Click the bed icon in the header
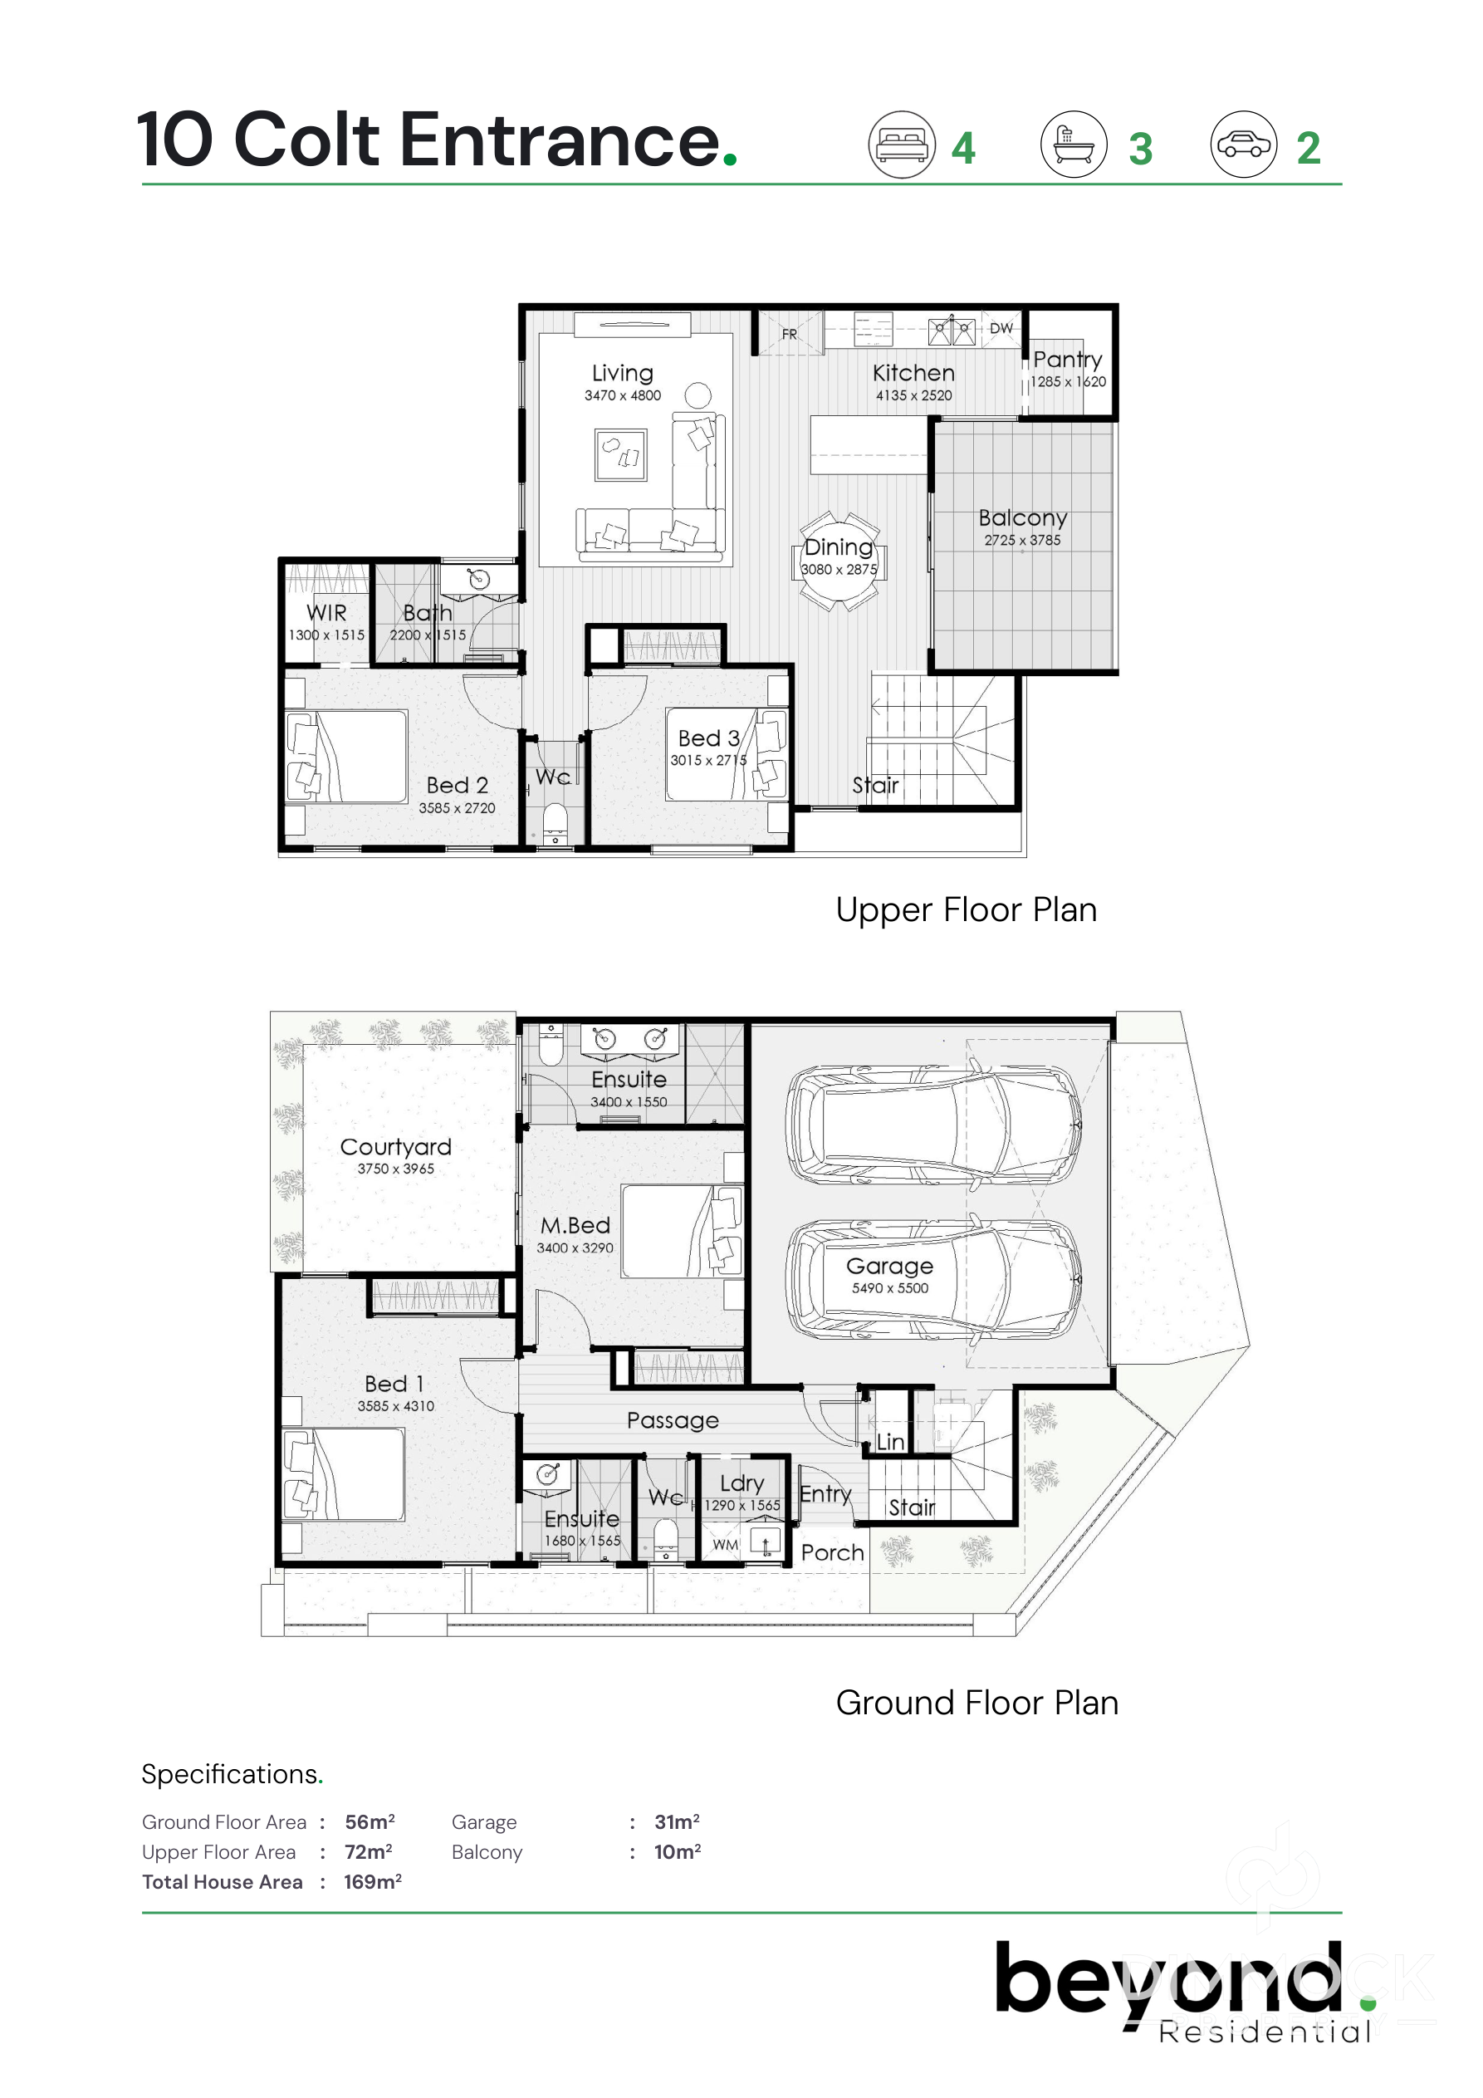pos(901,145)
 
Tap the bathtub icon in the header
pos(1074,145)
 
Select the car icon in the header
pos(1244,145)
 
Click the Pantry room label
pos(1067,359)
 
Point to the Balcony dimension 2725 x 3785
pos(1022,540)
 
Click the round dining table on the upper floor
pos(838,561)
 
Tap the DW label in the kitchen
pos(1001,328)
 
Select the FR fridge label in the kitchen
pos(789,335)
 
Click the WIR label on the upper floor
pos(326,612)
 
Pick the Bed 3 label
pos(708,738)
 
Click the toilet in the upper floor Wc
pos(555,824)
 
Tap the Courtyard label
pos(395,1147)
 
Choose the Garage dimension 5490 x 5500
pos(890,1288)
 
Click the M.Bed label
pos(575,1225)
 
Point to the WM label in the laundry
pos(726,1544)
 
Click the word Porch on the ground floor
pos(832,1552)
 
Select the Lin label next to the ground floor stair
pos(890,1442)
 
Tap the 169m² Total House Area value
pos(373,1881)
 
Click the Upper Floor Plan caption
pos(966,910)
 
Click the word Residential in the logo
pos(1265,2032)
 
